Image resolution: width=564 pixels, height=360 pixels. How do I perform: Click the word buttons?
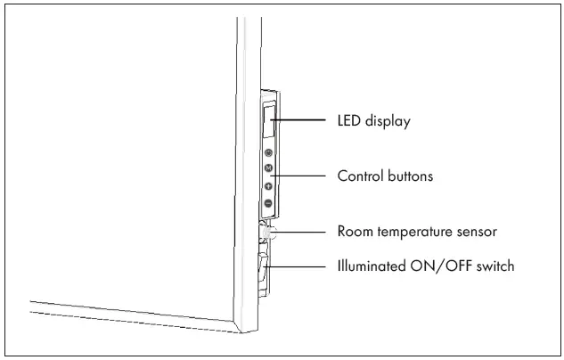tap(410, 176)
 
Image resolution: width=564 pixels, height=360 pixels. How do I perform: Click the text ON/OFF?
tap(442, 266)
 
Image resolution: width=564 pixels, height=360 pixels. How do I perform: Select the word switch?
tap(495, 266)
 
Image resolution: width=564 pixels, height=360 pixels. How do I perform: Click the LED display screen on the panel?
tap(268, 119)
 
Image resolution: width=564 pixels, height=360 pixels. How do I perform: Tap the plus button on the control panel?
tap(268, 186)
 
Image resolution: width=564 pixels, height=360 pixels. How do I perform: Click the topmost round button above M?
tap(268, 152)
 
